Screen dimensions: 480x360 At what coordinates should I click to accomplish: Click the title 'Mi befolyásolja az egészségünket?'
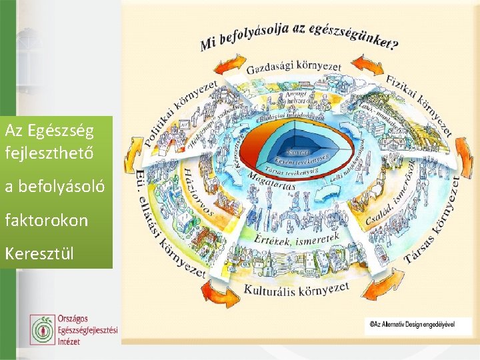click(299, 37)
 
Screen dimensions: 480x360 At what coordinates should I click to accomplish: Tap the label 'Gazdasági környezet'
click(294, 66)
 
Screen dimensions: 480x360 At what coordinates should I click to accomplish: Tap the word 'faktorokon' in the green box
click(47, 220)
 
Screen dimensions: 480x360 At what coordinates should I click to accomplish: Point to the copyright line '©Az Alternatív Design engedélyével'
click(413, 323)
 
